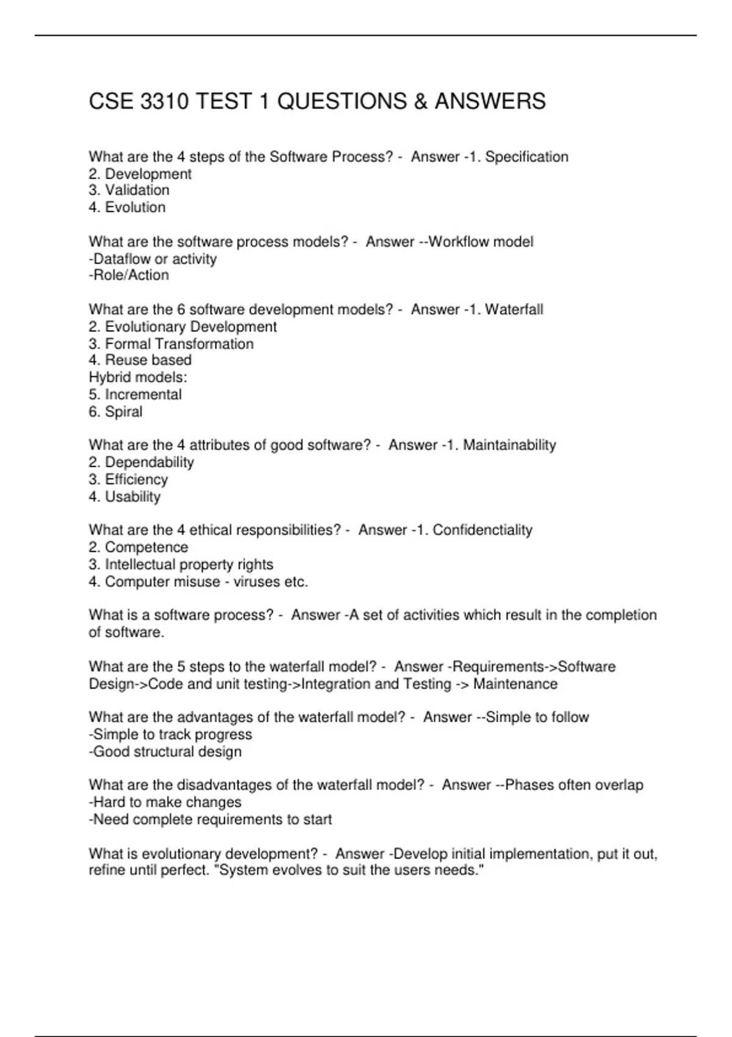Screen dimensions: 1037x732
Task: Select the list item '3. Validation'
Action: pyautogui.click(x=129, y=190)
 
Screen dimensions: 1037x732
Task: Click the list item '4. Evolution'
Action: pyautogui.click(x=127, y=207)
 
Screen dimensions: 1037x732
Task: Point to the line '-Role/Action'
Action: pyautogui.click(x=129, y=275)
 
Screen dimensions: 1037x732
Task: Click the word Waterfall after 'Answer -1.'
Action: pyautogui.click(x=514, y=310)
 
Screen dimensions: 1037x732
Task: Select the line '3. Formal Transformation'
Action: pyautogui.click(x=171, y=344)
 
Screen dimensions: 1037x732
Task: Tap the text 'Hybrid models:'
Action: pyautogui.click(x=138, y=377)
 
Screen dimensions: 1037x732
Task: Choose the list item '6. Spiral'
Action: pyautogui.click(x=115, y=412)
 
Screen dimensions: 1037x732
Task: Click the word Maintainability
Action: pyautogui.click(x=509, y=445)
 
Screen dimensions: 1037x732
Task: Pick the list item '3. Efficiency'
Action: pyautogui.click(x=128, y=479)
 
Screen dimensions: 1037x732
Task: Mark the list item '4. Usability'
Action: pyautogui.click(x=124, y=497)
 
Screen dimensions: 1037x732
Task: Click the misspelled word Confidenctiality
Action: pyautogui.click(x=483, y=530)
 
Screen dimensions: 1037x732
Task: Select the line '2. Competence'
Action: pyautogui.click(x=138, y=547)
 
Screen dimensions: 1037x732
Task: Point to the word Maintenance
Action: pyautogui.click(x=515, y=684)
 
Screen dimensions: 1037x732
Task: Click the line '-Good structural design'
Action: pyautogui.click(x=165, y=752)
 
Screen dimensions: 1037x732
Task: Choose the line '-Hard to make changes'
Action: pyautogui.click(x=165, y=802)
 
